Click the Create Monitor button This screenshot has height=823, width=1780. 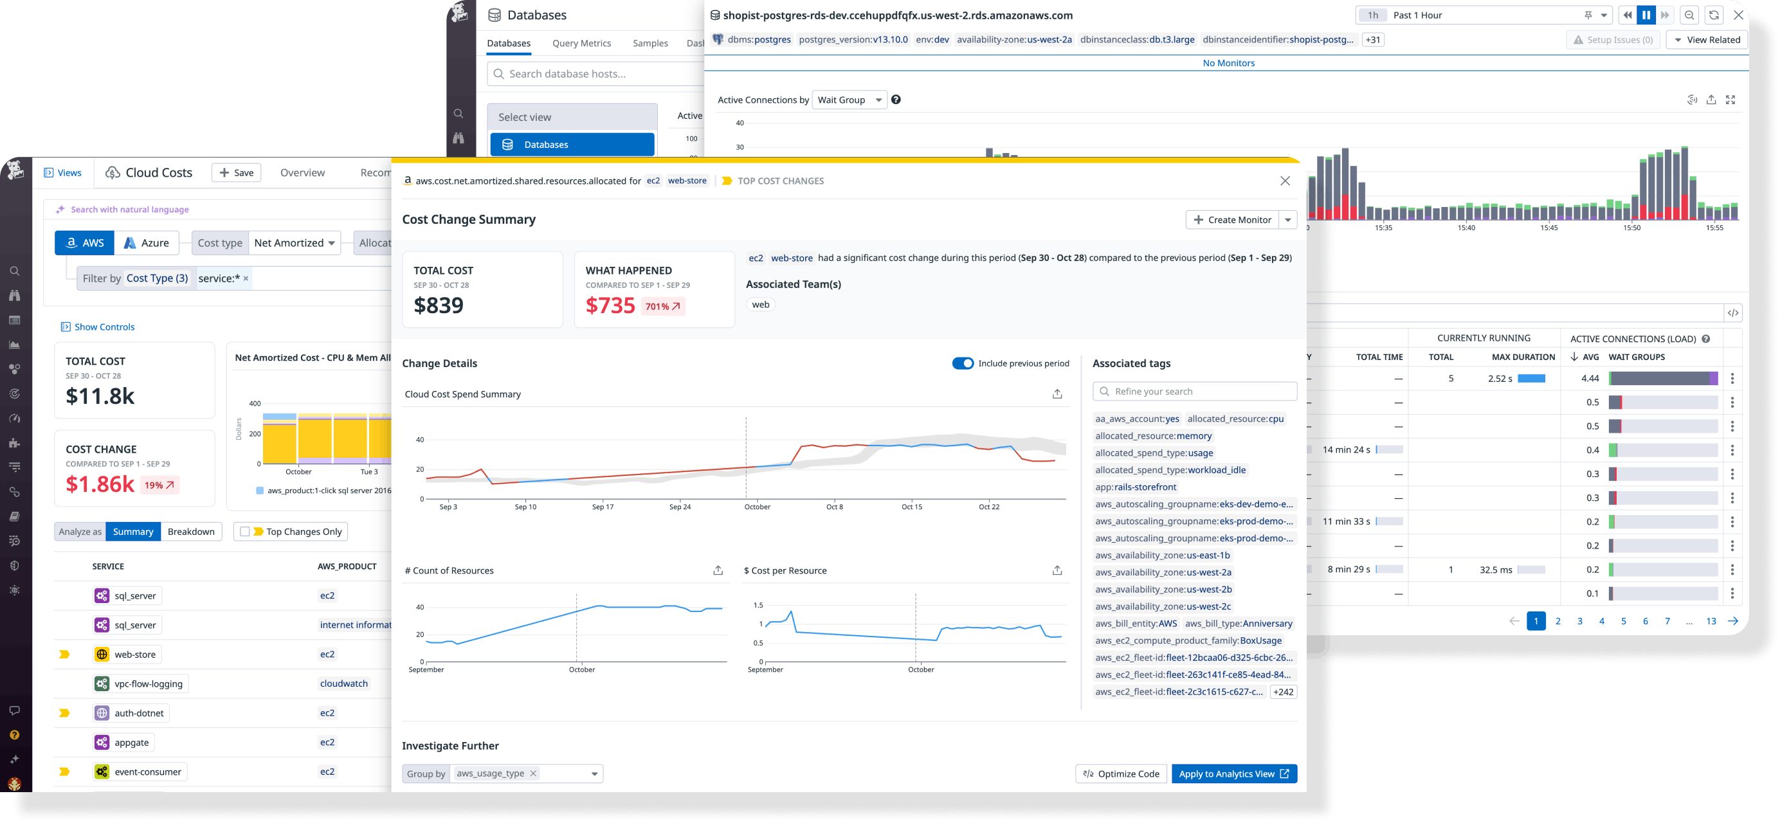pos(1232,220)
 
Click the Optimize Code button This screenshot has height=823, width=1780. pos(1121,774)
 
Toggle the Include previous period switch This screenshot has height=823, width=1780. pos(963,363)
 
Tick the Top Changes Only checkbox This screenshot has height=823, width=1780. pos(244,531)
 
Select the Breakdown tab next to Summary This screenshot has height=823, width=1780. pos(191,531)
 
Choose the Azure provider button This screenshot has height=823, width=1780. pos(147,243)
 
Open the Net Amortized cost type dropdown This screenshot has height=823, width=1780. pos(295,243)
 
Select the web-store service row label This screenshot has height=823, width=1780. pos(135,655)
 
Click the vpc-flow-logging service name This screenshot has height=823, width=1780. pos(149,683)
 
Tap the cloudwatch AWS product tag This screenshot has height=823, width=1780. pos(343,683)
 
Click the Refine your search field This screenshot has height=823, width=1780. pos(1195,391)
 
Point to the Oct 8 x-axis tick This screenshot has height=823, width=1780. pos(834,507)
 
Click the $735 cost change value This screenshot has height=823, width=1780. pos(610,305)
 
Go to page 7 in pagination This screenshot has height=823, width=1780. pos(1667,621)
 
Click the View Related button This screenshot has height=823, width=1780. pos(1707,40)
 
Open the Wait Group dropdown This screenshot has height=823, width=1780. pos(849,100)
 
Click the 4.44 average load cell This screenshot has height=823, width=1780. pos(1589,379)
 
